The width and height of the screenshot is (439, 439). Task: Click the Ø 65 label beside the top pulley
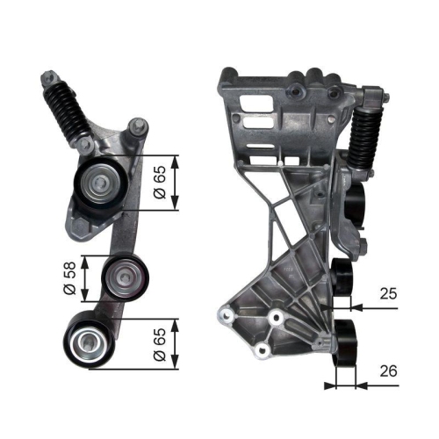159,184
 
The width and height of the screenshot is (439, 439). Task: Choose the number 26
386,371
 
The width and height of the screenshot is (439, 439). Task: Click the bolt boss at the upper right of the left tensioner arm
135,126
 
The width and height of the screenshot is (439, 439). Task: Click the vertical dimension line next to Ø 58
84,277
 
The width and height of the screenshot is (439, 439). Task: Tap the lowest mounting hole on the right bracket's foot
261,351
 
